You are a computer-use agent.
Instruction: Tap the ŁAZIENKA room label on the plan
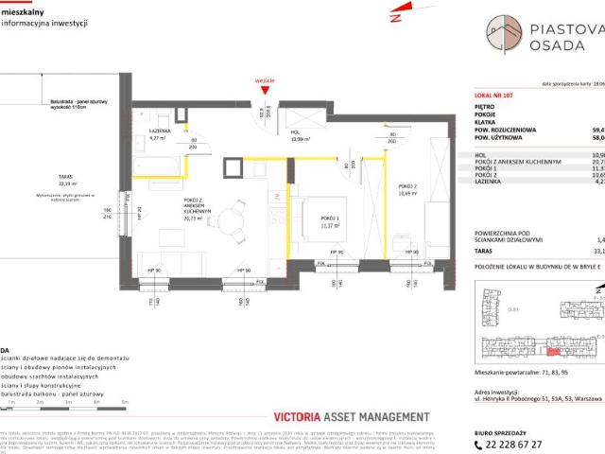pyautogui.click(x=159, y=130)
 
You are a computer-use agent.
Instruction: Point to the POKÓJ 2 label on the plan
pyautogui.click(x=406, y=184)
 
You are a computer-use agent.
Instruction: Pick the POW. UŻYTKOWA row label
pyautogui.click(x=501, y=137)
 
